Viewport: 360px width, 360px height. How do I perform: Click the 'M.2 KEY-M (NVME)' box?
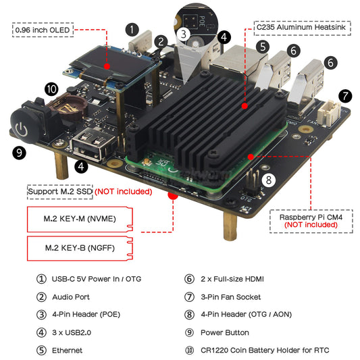(x=78, y=220)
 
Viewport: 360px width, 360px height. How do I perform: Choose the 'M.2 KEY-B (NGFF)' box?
(x=78, y=248)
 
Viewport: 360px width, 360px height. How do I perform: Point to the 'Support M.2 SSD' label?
(x=59, y=192)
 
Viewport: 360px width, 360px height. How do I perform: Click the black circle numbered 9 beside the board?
(x=20, y=153)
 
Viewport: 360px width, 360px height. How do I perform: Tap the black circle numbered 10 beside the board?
(x=51, y=89)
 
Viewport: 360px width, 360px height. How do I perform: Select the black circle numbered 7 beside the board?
(x=345, y=96)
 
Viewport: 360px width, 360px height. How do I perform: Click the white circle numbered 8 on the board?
(x=268, y=180)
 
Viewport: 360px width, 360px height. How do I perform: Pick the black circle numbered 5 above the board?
(x=262, y=47)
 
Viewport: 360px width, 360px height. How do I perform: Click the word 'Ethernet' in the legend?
(x=67, y=351)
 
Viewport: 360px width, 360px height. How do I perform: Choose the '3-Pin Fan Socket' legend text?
(x=230, y=297)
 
